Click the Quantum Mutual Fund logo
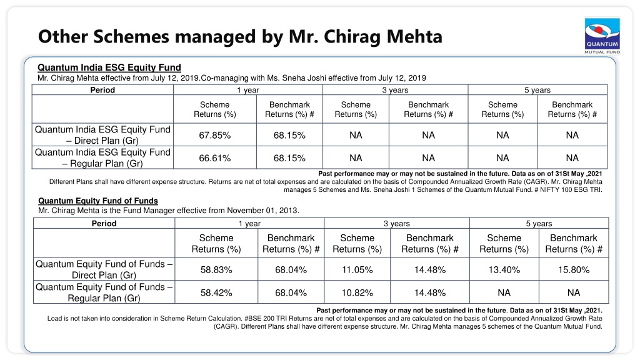point(602,36)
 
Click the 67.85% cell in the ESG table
point(215,135)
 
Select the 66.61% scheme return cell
point(215,158)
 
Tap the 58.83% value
point(216,270)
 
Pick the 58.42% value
point(216,292)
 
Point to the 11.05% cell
point(357,270)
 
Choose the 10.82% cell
point(357,292)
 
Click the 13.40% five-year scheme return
point(504,270)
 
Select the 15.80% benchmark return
point(574,270)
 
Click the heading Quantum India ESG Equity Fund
point(109,67)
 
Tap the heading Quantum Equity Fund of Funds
point(98,201)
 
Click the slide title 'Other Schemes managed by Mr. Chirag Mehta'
point(240,36)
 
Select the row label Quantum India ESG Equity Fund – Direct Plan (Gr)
point(103,135)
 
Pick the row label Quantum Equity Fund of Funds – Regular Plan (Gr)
point(104,292)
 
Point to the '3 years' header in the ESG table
point(395,90)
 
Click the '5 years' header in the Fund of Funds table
point(539,223)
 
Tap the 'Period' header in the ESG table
point(102,90)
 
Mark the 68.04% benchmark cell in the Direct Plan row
point(291,270)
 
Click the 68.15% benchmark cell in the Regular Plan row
point(289,158)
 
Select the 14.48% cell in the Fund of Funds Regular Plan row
point(430,292)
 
